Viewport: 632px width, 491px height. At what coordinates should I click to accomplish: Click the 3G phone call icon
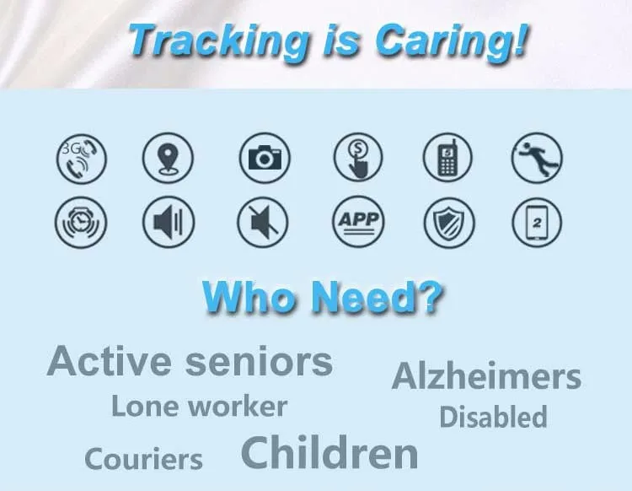pyautogui.click(x=82, y=159)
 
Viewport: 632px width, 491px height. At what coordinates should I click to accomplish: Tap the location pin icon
pyautogui.click(x=168, y=158)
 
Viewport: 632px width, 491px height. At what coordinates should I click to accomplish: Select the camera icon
pyautogui.click(x=265, y=158)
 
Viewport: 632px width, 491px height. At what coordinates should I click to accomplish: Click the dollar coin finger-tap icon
pyautogui.click(x=358, y=158)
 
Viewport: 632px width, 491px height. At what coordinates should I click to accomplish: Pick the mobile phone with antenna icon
pyautogui.click(x=447, y=158)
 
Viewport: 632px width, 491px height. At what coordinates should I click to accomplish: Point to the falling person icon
pyautogui.click(x=537, y=158)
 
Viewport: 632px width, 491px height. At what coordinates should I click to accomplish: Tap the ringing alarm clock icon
pyautogui.click(x=81, y=223)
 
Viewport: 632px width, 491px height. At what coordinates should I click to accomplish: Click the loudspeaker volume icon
pyautogui.click(x=169, y=222)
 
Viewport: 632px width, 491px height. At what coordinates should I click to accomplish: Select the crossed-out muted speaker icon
pyautogui.click(x=262, y=222)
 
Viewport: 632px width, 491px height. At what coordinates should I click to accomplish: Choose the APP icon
pyautogui.click(x=358, y=222)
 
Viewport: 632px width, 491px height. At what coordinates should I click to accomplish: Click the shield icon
pyautogui.click(x=449, y=223)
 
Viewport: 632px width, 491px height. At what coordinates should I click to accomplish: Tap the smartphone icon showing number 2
pyautogui.click(x=537, y=222)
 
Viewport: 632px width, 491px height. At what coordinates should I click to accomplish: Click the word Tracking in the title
pyautogui.click(x=218, y=41)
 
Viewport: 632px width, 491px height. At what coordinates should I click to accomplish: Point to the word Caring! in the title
pyautogui.click(x=452, y=41)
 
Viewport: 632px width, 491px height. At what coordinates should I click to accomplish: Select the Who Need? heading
pyautogui.click(x=323, y=296)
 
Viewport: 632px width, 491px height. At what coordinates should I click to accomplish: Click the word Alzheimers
pyautogui.click(x=486, y=376)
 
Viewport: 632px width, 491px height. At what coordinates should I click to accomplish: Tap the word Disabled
pyautogui.click(x=493, y=417)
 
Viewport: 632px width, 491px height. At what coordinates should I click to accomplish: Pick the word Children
pyautogui.click(x=329, y=452)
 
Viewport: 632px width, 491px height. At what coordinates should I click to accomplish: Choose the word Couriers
pyautogui.click(x=143, y=459)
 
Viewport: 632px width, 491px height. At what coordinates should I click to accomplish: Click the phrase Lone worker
pyautogui.click(x=200, y=406)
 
